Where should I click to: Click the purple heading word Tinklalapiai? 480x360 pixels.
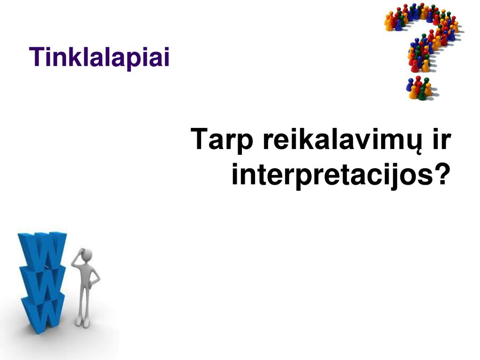point(99,57)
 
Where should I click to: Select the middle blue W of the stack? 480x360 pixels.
point(43,282)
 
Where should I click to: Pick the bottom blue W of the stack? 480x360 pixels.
point(43,314)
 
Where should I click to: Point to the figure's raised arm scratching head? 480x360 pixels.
point(77,259)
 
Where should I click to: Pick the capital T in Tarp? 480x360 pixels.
point(200,139)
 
